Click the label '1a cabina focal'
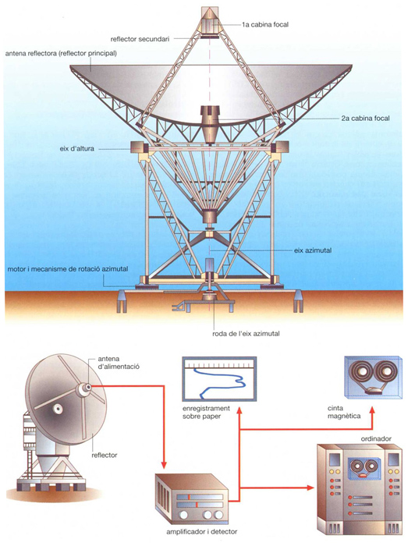tap(265, 24)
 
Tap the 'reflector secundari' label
tap(140, 39)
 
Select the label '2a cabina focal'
tap(365, 119)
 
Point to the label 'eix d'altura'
tap(76, 149)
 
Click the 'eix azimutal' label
tap(313, 250)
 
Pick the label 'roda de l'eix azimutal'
tap(246, 334)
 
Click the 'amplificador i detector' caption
tap(201, 532)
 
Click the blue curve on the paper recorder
tap(223, 383)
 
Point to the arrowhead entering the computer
tap(310, 487)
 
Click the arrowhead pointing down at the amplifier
tap(164, 465)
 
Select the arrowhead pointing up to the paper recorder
tap(239, 412)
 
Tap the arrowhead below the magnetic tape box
tap(372, 411)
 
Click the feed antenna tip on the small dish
tap(88, 387)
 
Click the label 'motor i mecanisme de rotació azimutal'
tap(68, 269)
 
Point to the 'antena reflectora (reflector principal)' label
tap(61, 54)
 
